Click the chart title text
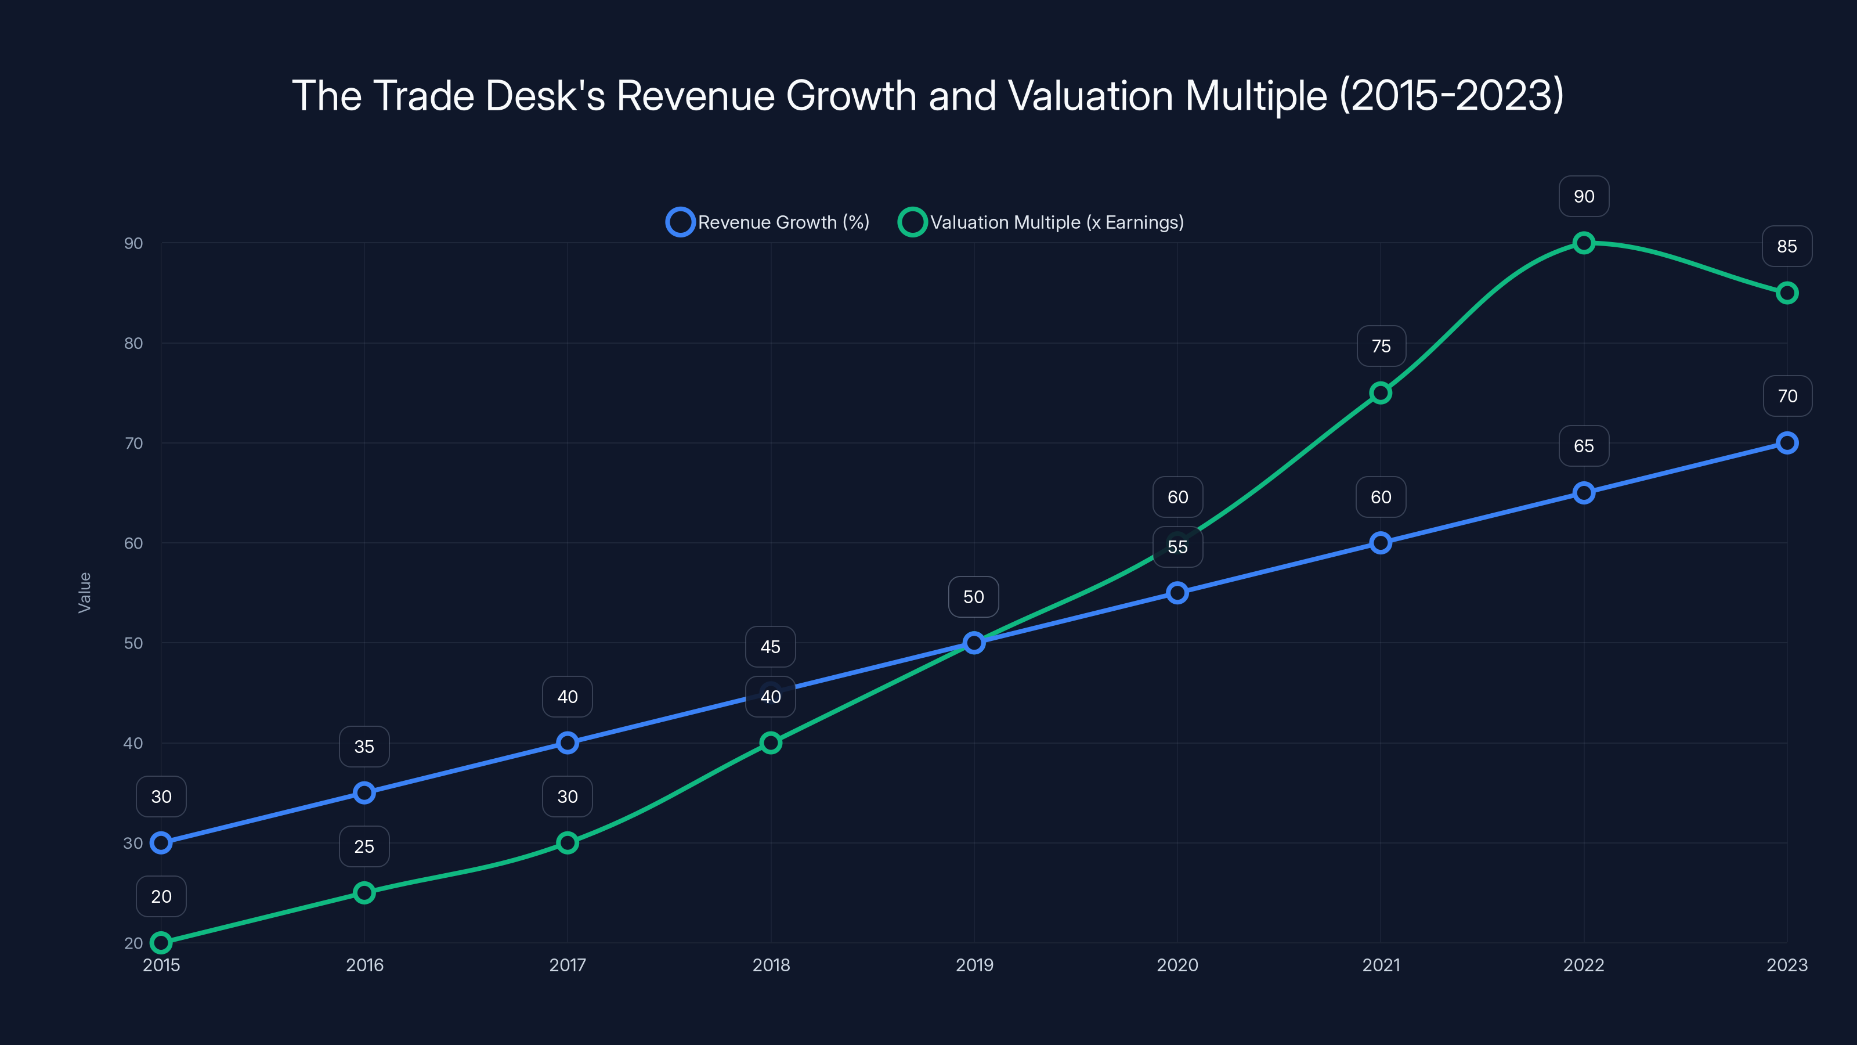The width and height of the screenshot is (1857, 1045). click(x=928, y=95)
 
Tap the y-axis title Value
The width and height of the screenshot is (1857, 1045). click(x=84, y=592)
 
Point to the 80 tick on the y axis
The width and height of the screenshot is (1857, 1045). click(x=133, y=343)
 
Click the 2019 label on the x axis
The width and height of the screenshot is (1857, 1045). click(x=974, y=965)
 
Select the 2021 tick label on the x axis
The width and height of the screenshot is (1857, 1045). click(x=1381, y=965)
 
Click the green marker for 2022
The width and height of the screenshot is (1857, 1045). click(x=1584, y=243)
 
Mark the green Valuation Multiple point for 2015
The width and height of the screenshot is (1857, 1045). click(x=161, y=943)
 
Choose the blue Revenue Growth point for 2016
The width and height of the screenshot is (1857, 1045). click(x=364, y=792)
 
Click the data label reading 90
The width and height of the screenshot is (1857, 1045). click(x=1584, y=196)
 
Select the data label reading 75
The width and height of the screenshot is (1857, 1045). click(x=1381, y=346)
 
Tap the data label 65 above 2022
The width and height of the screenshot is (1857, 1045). click(x=1584, y=446)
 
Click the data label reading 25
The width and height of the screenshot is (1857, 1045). click(x=364, y=846)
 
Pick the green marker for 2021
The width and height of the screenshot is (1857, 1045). click(x=1381, y=393)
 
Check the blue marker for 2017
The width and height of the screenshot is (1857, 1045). click(x=568, y=743)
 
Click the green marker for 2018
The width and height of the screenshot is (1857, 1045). click(x=771, y=743)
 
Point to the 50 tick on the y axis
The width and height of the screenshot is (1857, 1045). click(x=133, y=643)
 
